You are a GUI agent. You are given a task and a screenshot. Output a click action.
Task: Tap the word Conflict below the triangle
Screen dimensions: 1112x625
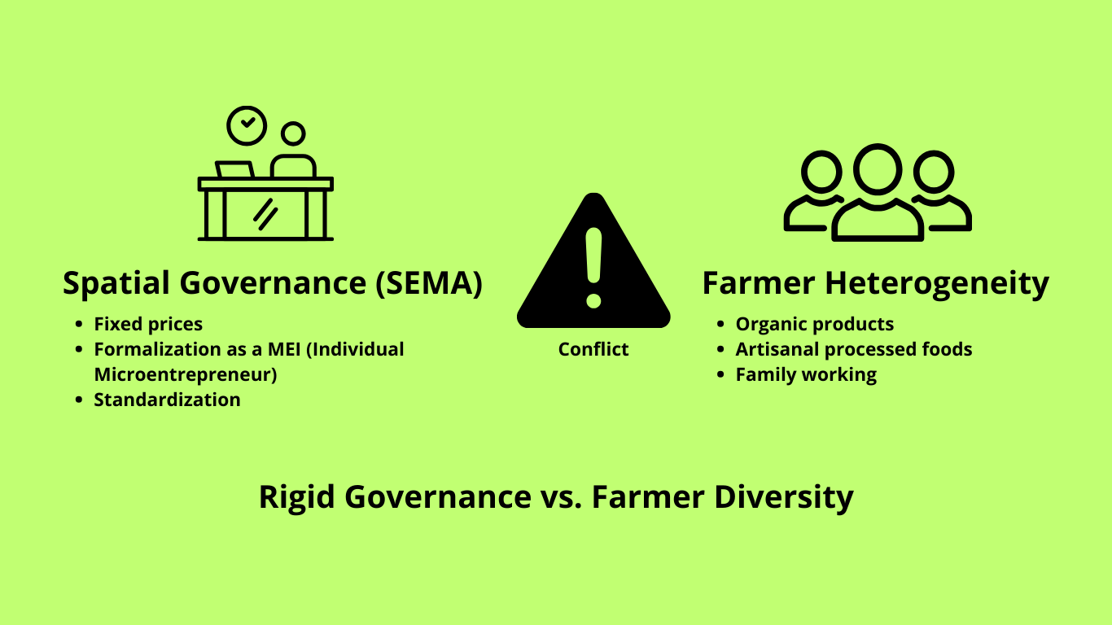pyautogui.click(x=593, y=349)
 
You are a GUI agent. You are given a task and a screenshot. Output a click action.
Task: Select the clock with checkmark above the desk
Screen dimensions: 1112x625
pyautogui.click(x=247, y=125)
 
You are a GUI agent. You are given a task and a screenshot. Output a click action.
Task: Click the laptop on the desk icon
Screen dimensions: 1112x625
pyautogui.click(x=234, y=169)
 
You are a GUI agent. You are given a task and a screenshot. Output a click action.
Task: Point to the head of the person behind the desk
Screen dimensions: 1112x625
pyautogui.click(x=293, y=133)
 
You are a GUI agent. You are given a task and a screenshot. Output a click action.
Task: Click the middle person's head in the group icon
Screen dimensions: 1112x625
pyautogui.click(x=878, y=169)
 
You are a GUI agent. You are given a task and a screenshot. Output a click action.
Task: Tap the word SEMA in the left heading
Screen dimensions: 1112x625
pyautogui.click(x=429, y=283)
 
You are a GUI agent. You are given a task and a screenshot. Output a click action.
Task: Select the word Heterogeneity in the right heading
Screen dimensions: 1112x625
pyautogui.click(x=937, y=284)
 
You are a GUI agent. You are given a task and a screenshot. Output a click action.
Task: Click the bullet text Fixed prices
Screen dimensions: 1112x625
pyautogui.click(x=148, y=324)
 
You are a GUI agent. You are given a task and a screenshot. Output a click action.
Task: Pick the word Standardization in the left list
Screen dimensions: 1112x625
pyautogui.click(x=168, y=400)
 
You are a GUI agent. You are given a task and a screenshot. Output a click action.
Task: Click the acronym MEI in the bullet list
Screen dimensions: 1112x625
pyautogui.click(x=284, y=349)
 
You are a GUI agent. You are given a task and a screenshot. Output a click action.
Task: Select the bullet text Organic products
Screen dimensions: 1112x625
pyautogui.click(x=815, y=324)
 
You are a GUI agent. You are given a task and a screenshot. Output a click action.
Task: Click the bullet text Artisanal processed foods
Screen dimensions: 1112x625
pyautogui.click(x=854, y=349)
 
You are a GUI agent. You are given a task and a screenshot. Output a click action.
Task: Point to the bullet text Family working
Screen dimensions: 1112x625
pyautogui.click(x=806, y=375)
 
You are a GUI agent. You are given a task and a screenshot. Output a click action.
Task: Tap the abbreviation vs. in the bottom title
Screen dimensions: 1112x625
pyautogui.click(x=561, y=497)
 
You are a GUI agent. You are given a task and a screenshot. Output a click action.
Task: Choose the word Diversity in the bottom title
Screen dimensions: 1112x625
pyautogui.click(x=784, y=497)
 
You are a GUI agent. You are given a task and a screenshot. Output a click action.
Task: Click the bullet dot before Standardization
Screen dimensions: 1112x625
pyautogui.click(x=79, y=400)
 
